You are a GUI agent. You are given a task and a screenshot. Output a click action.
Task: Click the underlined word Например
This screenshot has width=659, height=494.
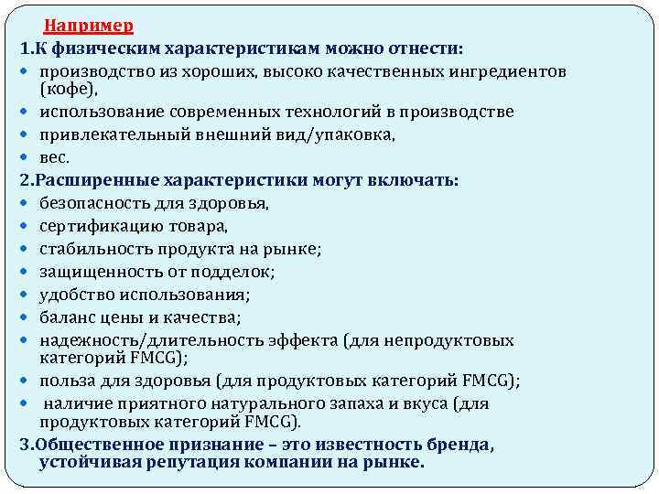[x=89, y=25]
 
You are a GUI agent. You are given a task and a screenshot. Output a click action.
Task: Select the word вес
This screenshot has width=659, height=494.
[x=54, y=157]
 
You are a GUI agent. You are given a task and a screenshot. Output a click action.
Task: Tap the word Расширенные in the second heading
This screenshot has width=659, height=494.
[x=87, y=180]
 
